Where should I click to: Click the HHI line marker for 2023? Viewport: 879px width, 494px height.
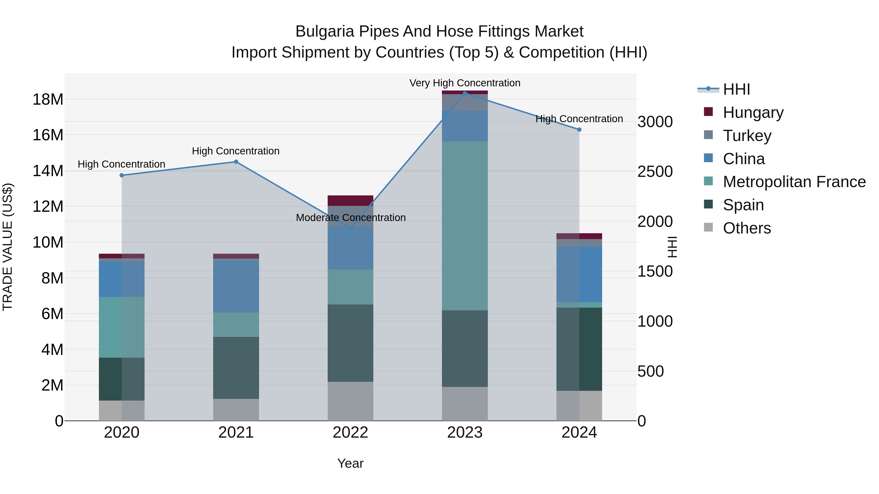(x=465, y=93)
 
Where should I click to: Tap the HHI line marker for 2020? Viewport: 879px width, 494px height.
(x=122, y=175)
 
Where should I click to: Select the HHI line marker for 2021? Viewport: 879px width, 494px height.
(x=236, y=162)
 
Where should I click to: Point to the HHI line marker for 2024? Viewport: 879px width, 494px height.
(x=579, y=130)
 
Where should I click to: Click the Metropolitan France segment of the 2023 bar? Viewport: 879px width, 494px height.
(x=465, y=226)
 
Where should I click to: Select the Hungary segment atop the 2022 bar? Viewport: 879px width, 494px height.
(x=350, y=201)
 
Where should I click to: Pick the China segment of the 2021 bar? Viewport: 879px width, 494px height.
(x=236, y=286)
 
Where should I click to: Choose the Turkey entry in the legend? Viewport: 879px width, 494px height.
(x=747, y=136)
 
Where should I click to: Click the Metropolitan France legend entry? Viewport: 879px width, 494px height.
(x=794, y=182)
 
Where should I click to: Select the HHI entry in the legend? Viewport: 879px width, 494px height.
(x=736, y=89)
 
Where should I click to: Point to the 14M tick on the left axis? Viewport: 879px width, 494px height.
(x=48, y=171)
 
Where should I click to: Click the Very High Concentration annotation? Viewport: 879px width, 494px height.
(x=465, y=83)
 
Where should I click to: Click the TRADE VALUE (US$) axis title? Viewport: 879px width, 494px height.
(x=8, y=247)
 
